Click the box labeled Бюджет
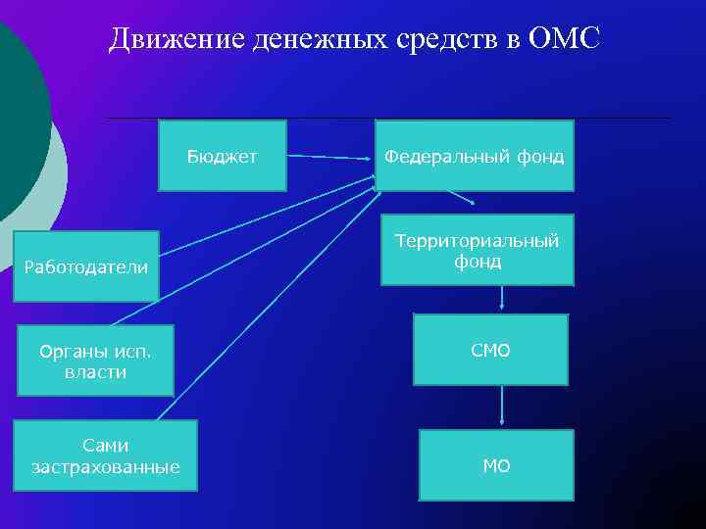[x=223, y=156]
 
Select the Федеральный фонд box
[x=475, y=156]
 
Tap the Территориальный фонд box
[x=477, y=251]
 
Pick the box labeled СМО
[x=490, y=350]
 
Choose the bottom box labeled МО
[x=496, y=465]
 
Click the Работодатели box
[x=86, y=266]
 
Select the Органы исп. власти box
[x=95, y=361]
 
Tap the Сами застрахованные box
[x=105, y=456]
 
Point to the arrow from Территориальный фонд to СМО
[x=502, y=299]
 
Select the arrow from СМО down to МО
[x=502, y=407]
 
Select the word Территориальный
[x=477, y=241]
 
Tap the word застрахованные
[x=105, y=466]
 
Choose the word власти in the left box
[x=95, y=372]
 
